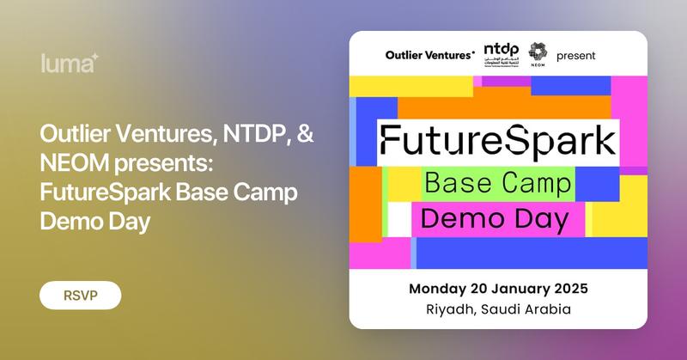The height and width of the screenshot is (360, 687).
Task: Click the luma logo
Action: [x=70, y=63]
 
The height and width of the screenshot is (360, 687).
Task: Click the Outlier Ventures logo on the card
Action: [x=430, y=56]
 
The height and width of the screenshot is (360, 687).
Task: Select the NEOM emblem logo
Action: [x=538, y=53]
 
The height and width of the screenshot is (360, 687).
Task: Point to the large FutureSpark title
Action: [x=498, y=139]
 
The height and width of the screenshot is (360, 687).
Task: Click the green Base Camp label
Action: [x=497, y=183]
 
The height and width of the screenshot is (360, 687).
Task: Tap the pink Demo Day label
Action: [x=497, y=219]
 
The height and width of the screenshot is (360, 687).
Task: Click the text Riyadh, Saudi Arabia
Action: [x=498, y=308]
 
